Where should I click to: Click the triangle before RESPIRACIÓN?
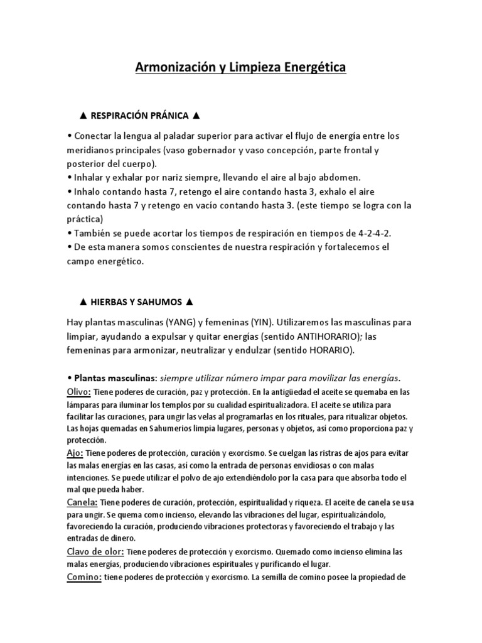[x=83, y=116]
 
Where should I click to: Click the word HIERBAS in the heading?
[x=110, y=302]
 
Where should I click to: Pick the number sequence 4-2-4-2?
[x=373, y=233]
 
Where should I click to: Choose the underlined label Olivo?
[x=79, y=392]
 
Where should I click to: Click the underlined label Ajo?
[x=75, y=453]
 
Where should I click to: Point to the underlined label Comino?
[x=84, y=577]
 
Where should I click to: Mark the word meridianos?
[x=92, y=151]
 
